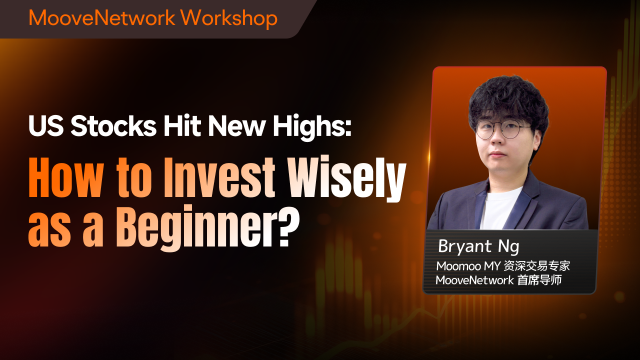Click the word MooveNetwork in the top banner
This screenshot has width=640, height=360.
coord(102,18)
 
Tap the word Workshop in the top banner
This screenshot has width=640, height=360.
coord(229,19)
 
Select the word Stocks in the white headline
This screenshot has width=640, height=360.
coord(113,126)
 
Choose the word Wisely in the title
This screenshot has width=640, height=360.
coord(347,179)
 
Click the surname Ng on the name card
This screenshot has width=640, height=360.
coord(509,247)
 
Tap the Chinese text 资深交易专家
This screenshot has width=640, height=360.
coord(536,266)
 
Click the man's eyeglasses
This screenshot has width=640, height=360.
coord(502,130)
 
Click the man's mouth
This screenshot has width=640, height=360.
coord(498,156)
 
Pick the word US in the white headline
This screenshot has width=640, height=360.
coord(46,126)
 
